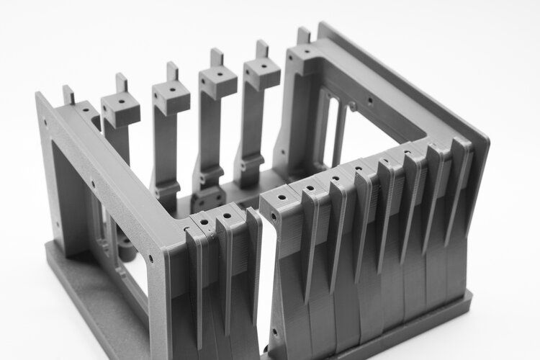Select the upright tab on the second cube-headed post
[x=173, y=71]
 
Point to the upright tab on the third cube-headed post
[x=216, y=57]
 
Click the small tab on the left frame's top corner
[x=68, y=94]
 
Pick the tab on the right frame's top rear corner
[x=304, y=35]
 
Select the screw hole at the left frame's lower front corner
[x=150, y=256]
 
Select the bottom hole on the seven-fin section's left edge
[x=274, y=333]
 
